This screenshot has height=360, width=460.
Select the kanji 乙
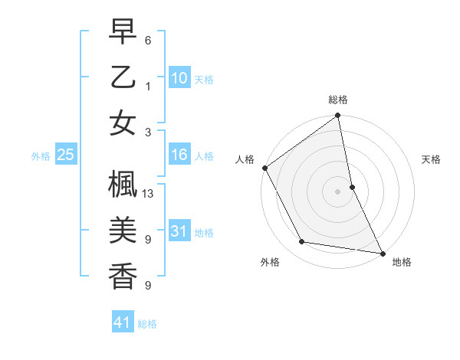pyautogui.click(x=123, y=78)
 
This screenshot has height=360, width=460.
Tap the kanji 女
pyautogui.click(x=123, y=123)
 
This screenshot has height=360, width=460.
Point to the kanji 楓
pyautogui.click(x=123, y=186)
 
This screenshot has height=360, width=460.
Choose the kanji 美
pyautogui.click(x=123, y=231)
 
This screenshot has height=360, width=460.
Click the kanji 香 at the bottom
pyautogui.click(x=123, y=275)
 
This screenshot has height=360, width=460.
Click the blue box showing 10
pyautogui.click(x=179, y=78)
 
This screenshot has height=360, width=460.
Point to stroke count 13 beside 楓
pyautogui.click(x=149, y=193)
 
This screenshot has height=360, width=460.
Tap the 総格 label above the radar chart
pyautogui.click(x=338, y=100)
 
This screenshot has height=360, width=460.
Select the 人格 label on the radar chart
pyautogui.click(x=245, y=159)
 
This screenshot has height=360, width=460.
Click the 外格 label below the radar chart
pyautogui.click(x=270, y=262)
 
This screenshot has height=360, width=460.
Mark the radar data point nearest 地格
pyautogui.click(x=382, y=252)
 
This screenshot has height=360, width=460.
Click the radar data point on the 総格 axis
pyautogui.click(x=338, y=116)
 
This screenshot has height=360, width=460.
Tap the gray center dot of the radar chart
pyautogui.click(x=338, y=191)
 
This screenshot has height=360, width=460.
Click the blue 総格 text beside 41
pyautogui.click(x=147, y=324)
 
